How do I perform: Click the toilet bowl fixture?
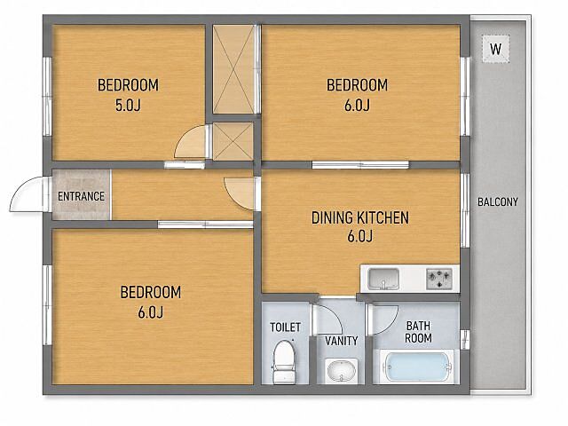[x=284, y=361]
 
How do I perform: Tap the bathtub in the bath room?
[x=418, y=367]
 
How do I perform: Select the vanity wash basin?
[x=341, y=371]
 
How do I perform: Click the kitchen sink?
[x=383, y=279]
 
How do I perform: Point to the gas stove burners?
[x=439, y=279]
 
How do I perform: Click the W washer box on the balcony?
[x=495, y=49]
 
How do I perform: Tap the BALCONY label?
[x=498, y=201]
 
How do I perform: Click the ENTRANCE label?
[x=81, y=196]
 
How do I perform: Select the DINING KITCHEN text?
[x=360, y=217]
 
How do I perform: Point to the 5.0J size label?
[x=128, y=106]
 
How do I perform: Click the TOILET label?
[x=286, y=327]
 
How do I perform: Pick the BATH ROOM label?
[x=418, y=332]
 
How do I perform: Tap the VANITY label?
[x=341, y=341]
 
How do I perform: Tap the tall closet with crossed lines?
[x=233, y=69]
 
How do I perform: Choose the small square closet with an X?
[x=233, y=141]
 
